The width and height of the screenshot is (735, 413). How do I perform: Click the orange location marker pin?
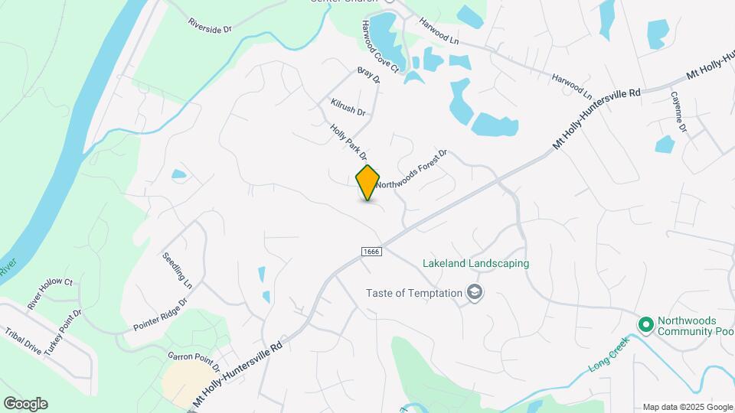tap(368, 182)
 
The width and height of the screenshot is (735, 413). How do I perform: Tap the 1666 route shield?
tap(371, 251)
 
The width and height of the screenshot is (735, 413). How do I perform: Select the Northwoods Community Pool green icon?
tap(645, 326)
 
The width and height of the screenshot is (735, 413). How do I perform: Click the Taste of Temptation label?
tap(413, 293)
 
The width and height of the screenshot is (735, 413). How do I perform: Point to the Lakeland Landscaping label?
tap(475, 264)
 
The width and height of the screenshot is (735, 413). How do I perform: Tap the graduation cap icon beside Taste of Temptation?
tap(475, 293)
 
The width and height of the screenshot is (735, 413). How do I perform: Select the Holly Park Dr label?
tap(348, 142)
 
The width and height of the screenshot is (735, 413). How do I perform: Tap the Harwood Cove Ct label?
tap(381, 47)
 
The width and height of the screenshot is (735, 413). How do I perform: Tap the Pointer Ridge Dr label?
tap(159, 314)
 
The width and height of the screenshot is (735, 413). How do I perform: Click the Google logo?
tap(25, 403)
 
